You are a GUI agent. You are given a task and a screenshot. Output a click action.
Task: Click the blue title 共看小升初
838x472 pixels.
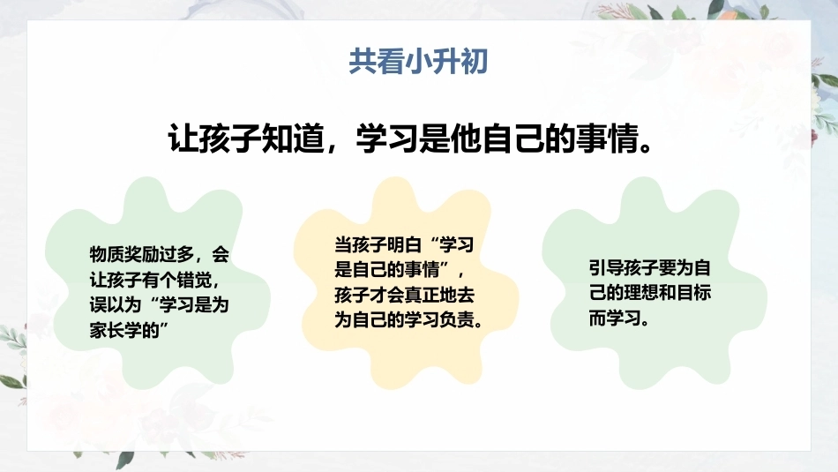tap(418, 61)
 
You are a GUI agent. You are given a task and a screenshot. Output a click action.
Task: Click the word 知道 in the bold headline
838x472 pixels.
tap(294, 139)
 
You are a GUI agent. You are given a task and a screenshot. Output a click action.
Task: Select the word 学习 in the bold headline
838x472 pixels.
tap(387, 139)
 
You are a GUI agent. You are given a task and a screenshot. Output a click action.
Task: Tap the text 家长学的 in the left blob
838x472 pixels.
tap(124, 330)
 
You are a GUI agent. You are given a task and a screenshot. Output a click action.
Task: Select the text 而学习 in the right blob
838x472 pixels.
tap(615, 318)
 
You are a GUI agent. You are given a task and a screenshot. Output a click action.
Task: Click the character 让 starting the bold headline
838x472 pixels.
tap(183, 139)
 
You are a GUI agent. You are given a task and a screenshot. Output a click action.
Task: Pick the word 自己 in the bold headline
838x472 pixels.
tap(513, 139)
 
